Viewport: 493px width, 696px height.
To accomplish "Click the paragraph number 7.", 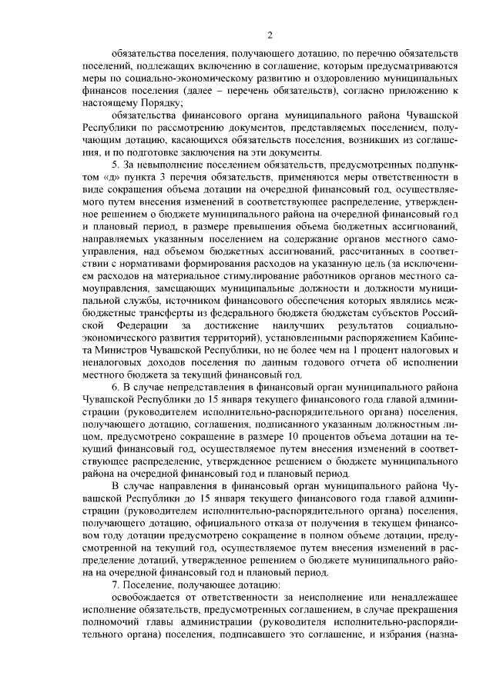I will pyautogui.click(x=116, y=585).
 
